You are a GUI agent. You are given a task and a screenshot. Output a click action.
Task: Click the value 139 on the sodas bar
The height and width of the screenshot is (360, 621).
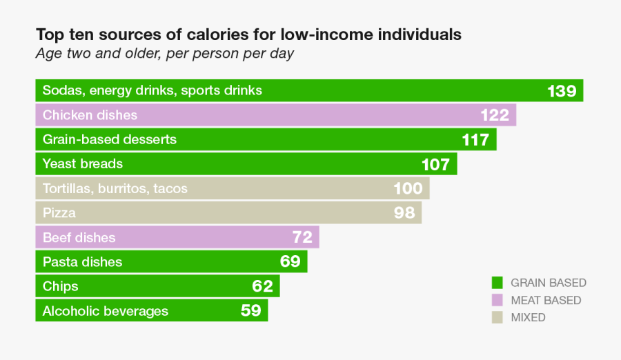point(562,91)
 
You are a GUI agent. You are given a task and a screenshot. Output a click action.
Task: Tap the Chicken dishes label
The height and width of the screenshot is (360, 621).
point(90,115)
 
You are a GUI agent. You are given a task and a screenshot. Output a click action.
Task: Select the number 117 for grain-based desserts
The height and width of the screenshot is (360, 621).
point(475,140)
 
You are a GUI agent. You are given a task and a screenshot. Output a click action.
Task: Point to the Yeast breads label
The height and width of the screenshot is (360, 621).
point(83,164)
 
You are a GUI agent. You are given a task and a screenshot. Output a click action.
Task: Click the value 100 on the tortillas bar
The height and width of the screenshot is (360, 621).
point(408,188)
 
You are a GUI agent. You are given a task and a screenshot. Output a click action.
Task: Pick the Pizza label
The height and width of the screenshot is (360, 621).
point(59,213)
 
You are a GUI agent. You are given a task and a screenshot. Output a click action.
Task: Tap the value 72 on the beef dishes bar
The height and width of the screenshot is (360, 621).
point(302,238)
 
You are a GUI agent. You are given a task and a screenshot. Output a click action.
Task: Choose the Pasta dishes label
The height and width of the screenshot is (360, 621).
point(82,262)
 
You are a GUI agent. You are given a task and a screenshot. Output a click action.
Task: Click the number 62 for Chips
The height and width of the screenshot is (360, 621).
point(263,286)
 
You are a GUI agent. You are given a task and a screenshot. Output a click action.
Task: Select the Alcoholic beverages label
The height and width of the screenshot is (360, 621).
point(106,311)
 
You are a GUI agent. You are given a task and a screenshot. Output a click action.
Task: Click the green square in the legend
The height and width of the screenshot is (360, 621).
point(496,283)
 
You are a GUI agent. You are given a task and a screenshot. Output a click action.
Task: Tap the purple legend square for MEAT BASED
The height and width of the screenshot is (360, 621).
point(496,301)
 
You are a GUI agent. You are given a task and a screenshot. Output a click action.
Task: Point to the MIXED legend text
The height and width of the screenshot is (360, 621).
point(528,318)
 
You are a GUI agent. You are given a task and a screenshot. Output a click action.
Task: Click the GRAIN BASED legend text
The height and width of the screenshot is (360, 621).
point(549,283)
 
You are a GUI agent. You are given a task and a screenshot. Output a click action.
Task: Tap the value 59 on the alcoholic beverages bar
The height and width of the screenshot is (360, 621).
point(251,310)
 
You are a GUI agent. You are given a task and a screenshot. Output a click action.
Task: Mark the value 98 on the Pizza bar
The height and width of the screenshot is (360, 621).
point(404,213)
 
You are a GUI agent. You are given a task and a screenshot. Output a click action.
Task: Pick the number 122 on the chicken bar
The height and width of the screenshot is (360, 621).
point(495,115)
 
